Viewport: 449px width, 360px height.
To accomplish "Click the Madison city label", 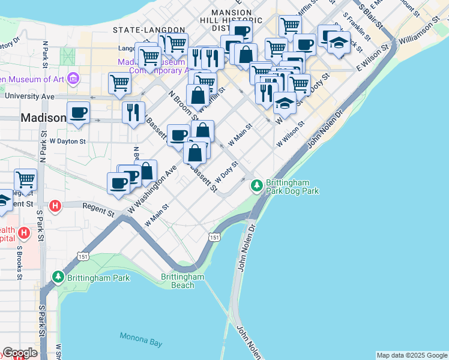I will (x=43, y=118).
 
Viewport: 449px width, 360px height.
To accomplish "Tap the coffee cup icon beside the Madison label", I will (x=79, y=112).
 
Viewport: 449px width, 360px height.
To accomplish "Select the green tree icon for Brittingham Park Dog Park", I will (x=257, y=185).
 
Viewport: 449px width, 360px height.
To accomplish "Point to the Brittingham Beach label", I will (x=182, y=280).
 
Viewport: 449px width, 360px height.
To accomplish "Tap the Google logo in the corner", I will (x=20, y=353).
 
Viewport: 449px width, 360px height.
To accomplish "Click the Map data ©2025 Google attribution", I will (x=412, y=355).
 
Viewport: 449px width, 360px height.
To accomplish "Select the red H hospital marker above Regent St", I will (x=55, y=206).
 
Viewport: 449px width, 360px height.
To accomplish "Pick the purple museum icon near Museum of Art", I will (x=74, y=79).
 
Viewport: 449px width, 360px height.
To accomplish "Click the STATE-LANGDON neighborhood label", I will (x=149, y=29).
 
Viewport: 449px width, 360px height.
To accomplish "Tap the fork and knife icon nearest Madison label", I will (x=133, y=112).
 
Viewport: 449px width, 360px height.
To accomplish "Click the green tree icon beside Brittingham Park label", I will (x=58, y=277).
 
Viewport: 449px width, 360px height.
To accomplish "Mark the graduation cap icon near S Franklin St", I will (x=339, y=43).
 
